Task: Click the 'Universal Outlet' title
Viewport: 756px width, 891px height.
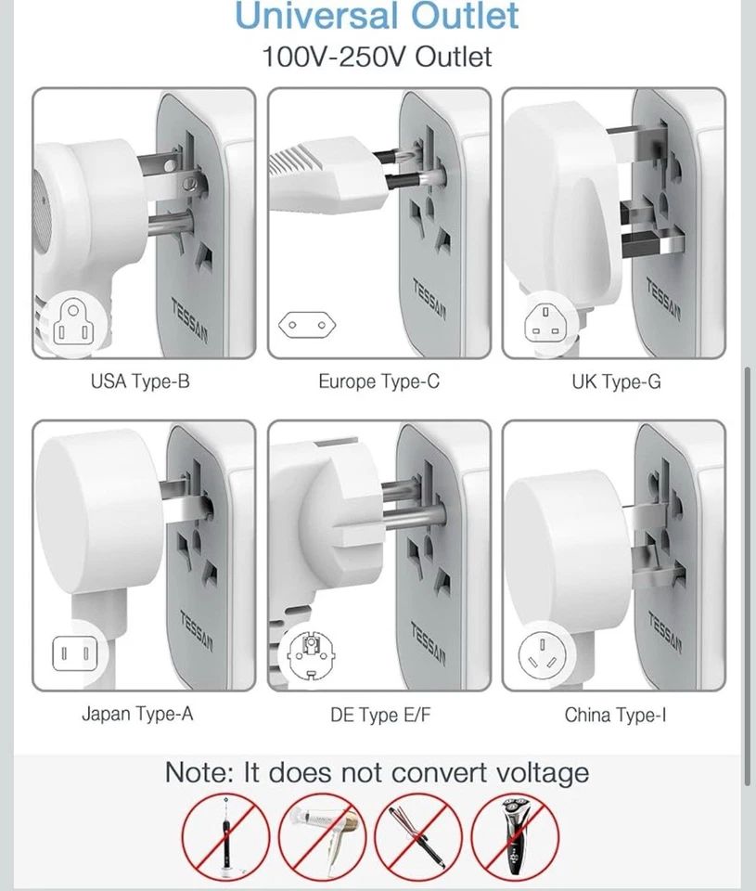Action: (377, 16)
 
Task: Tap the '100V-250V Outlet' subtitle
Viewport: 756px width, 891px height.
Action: (377, 57)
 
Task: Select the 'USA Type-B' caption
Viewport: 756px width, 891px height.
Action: (140, 381)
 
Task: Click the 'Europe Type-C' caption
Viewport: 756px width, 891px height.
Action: (378, 381)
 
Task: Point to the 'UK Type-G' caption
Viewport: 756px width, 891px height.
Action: (616, 381)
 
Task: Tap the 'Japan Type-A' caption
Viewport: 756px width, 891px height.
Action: (137, 715)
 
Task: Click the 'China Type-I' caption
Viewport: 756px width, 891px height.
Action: (616, 715)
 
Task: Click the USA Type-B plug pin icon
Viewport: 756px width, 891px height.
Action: (73, 322)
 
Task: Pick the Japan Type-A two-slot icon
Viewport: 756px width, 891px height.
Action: (74, 655)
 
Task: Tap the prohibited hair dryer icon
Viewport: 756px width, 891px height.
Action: (321, 835)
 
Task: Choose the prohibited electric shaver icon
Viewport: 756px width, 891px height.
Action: (515, 835)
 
